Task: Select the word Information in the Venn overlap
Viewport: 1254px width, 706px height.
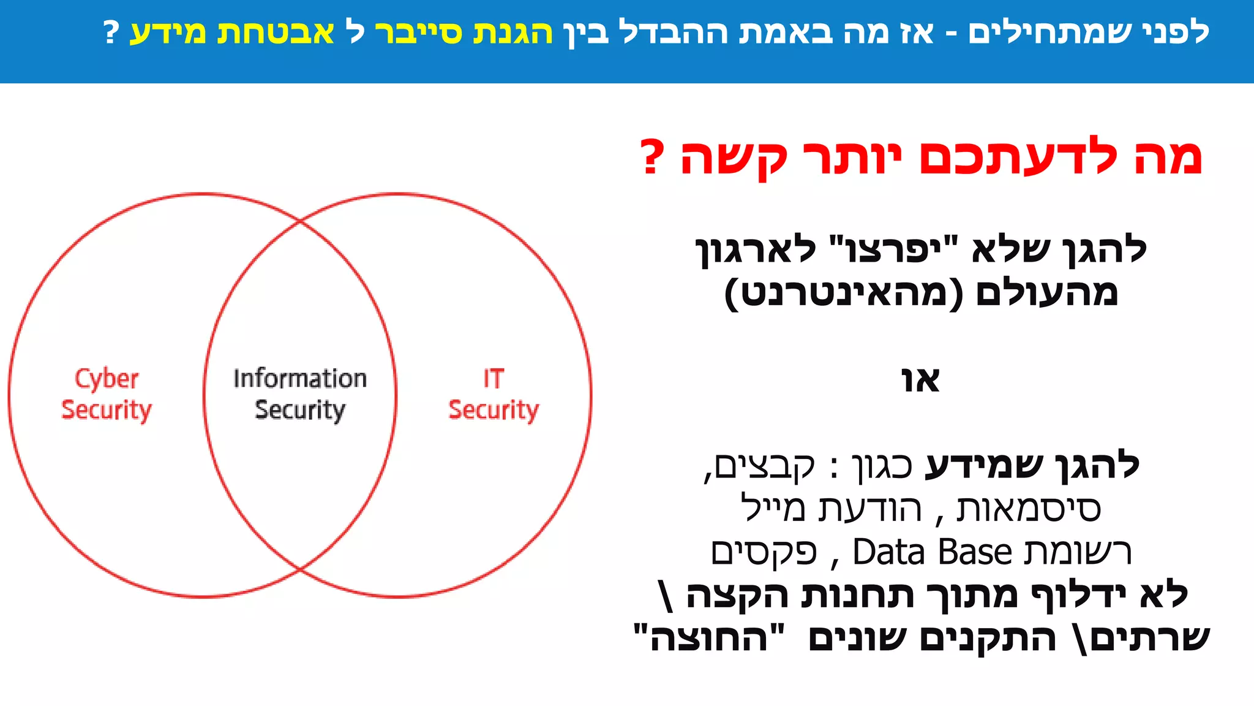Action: tap(300, 379)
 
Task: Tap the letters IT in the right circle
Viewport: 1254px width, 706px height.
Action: tap(494, 379)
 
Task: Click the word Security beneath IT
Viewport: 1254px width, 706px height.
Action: tap(494, 410)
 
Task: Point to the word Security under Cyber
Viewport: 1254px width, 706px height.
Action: tap(107, 410)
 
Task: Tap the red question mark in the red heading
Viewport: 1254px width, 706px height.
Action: tap(651, 157)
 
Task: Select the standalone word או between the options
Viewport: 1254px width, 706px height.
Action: tap(920, 380)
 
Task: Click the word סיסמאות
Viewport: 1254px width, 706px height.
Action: tap(1029, 509)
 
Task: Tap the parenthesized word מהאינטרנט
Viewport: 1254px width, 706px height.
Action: tap(844, 293)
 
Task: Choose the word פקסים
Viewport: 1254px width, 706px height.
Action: tap(764, 552)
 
